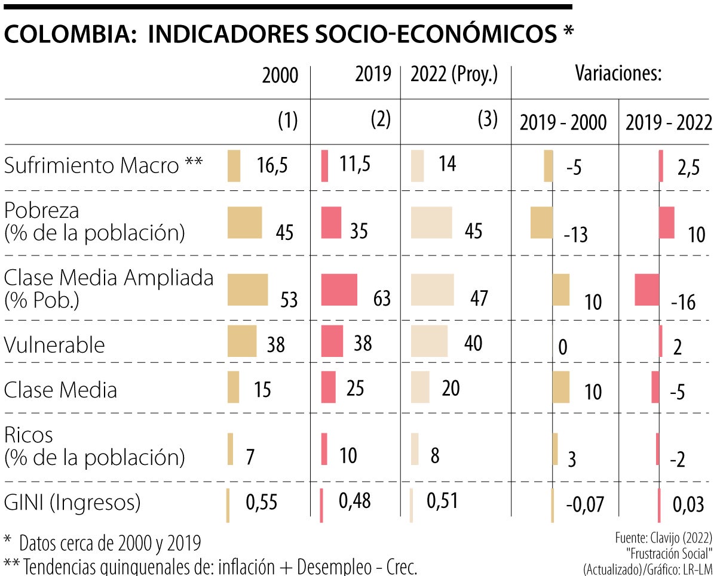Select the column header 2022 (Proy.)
point(454,75)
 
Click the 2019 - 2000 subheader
point(563,123)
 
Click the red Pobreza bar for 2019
point(331,223)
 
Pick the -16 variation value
point(683,303)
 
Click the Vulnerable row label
point(54,345)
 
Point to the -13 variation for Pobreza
point(575,235)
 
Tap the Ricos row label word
point(28,435)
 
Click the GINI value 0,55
point(262,503)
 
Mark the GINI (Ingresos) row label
point(72,503)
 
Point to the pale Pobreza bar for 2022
point(431,223)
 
